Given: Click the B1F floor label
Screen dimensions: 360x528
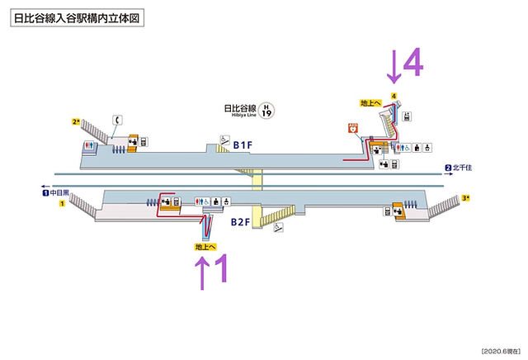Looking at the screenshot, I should point(242,146).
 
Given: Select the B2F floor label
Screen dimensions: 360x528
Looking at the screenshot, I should point(241,222).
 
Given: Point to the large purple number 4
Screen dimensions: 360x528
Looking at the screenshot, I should point(413,64).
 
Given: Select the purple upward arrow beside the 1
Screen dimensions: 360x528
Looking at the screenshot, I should point(200,272).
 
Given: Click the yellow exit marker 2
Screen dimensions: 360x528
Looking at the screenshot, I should point(75,122).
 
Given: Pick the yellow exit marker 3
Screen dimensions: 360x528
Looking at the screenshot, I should point(466,198).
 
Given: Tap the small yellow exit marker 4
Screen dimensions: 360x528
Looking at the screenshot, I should point(395,97).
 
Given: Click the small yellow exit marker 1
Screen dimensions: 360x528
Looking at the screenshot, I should point(61,206).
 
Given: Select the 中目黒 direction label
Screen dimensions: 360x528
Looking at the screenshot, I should point(59,195).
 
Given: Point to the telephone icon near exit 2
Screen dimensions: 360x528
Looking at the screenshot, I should point(120,119).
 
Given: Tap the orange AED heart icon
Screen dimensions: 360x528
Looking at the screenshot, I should point(354,129).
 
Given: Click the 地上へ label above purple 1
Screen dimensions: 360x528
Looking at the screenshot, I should point(205,246).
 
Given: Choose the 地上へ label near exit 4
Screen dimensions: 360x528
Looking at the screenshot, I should point(370,103).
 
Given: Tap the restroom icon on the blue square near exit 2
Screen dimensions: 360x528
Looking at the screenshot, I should point(89,146).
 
